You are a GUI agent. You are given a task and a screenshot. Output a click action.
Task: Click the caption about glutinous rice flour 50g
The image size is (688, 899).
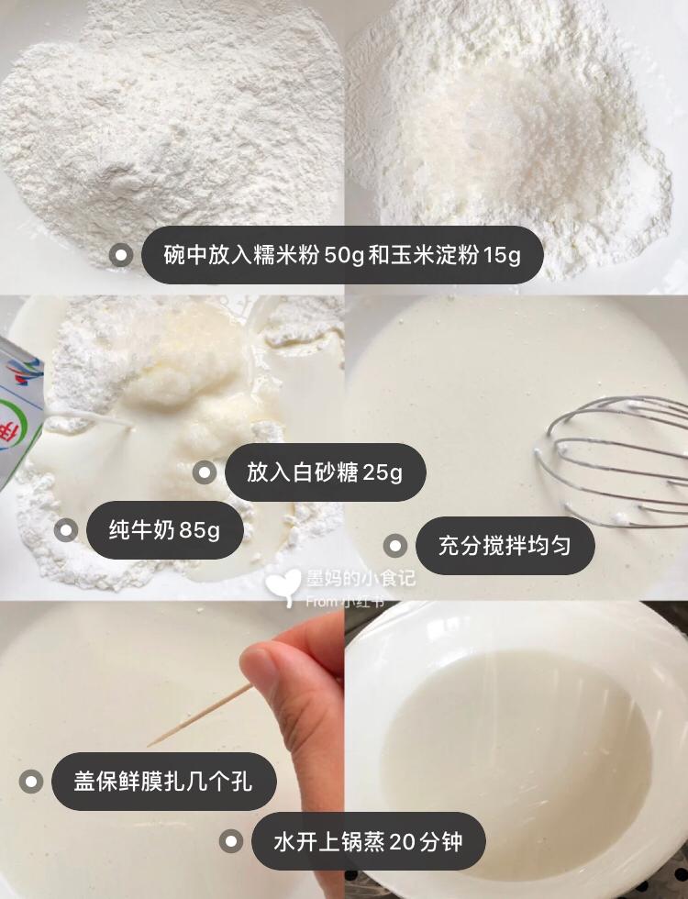pos(342,255)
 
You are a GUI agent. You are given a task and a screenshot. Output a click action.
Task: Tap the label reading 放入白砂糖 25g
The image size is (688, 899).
pos(325,472)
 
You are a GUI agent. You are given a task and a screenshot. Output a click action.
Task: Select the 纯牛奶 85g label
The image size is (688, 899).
pos(164,530)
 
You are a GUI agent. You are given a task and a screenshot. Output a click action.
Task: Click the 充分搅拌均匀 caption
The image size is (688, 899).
pos(505,545)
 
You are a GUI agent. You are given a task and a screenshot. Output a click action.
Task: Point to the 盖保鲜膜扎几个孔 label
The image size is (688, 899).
pos(163,782)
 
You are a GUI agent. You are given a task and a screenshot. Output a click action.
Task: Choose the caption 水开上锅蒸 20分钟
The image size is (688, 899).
pos(368,842)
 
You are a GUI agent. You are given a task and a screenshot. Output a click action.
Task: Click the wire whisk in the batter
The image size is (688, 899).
pos(614,459)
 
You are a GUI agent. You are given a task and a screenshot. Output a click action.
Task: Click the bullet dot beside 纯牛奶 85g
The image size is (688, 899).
pos(66,530)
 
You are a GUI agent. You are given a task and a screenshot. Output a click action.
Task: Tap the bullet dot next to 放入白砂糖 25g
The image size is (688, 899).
pos(205,472)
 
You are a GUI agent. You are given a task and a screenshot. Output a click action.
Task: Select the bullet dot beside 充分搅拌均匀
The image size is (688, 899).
pos(395,545)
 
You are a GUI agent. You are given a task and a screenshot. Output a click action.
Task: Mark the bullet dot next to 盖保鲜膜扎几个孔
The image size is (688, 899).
pos(31,782)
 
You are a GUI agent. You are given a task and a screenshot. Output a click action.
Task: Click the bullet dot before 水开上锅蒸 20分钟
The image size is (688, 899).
pos(231,842)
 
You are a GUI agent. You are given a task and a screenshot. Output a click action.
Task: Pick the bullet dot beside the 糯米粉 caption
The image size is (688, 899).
pos(121,255)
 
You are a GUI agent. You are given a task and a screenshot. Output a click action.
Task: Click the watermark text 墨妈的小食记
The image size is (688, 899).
pos(361,579)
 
